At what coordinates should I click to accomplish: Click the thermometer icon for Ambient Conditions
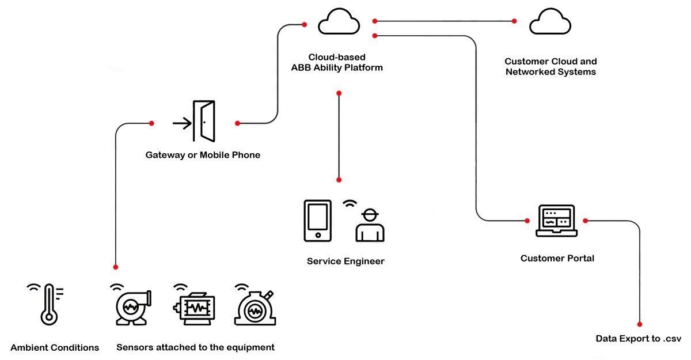[48, 304]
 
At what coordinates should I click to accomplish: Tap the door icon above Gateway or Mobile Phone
[204, 122]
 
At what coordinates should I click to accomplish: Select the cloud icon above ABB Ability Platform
[339, 22]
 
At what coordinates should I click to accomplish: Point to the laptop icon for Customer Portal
[556, 221]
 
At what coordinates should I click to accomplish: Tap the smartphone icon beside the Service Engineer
[317, 220]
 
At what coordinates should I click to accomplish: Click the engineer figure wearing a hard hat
[370, 225]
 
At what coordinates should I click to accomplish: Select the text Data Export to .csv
[638, 339]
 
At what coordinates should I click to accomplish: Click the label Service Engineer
[345, 261]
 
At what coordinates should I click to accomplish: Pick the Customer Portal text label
[557, 258]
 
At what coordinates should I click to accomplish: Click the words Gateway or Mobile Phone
[203, 155]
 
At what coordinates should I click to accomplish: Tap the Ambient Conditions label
[55, 347]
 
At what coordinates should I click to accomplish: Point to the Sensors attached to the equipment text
[195, 347]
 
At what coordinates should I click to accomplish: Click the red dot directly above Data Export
[640, 324]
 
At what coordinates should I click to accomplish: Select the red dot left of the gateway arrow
[151, 123]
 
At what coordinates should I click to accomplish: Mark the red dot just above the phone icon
[339, 180]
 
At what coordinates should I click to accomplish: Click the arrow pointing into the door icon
[182, 123]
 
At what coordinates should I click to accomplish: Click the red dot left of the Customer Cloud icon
[515, 21]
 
